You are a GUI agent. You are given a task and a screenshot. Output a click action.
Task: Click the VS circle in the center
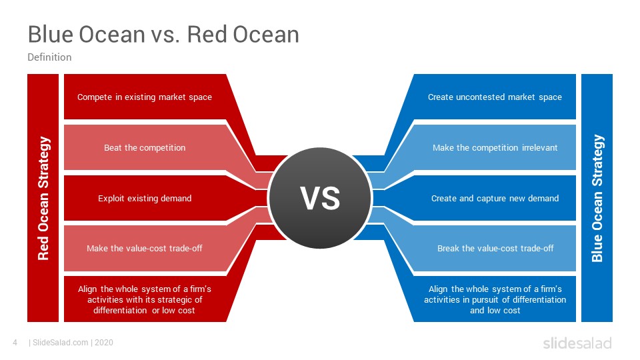320,198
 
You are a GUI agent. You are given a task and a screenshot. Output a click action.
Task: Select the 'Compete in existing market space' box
145,97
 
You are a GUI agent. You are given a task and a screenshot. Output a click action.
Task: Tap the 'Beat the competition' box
145,147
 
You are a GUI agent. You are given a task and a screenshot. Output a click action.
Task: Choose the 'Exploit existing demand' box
145,198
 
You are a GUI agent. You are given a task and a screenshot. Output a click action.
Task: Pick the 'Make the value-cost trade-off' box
145,248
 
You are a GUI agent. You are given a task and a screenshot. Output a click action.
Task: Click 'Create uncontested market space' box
495,97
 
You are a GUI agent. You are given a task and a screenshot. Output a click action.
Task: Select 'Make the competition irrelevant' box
495,147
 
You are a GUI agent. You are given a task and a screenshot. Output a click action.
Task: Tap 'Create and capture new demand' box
495,198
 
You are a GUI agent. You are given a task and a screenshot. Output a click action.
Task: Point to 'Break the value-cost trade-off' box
495,248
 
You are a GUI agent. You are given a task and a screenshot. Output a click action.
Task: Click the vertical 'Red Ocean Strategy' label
43,198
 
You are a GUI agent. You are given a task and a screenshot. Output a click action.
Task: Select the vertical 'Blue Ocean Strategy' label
597,198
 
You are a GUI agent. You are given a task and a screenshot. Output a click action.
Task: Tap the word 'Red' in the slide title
207,34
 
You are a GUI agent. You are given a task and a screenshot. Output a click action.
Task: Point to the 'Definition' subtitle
49,57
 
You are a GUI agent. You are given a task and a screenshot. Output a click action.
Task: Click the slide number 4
15,343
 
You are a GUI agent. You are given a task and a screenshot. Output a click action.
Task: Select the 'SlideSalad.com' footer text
61,343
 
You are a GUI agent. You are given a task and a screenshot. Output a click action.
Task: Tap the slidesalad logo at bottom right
577,343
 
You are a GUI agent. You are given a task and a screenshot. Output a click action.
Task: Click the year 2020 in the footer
104,343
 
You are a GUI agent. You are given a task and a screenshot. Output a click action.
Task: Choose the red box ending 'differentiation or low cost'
145,299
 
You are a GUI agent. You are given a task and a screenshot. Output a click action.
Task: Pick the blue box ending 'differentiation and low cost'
495,299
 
